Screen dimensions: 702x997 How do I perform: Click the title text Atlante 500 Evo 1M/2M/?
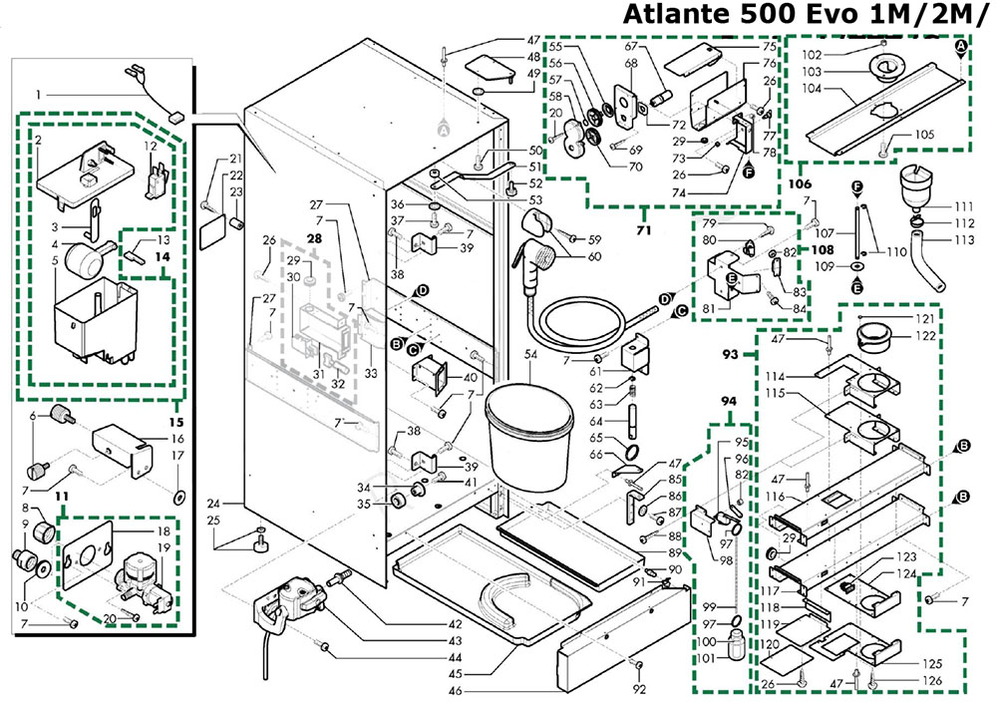click(807, 16)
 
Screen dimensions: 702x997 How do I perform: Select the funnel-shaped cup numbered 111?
click(910, 188)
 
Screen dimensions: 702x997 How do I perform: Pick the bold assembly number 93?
click(730, 353)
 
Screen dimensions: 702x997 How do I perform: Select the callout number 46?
click(455, 691)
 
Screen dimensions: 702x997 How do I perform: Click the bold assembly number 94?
click(732, 401)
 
